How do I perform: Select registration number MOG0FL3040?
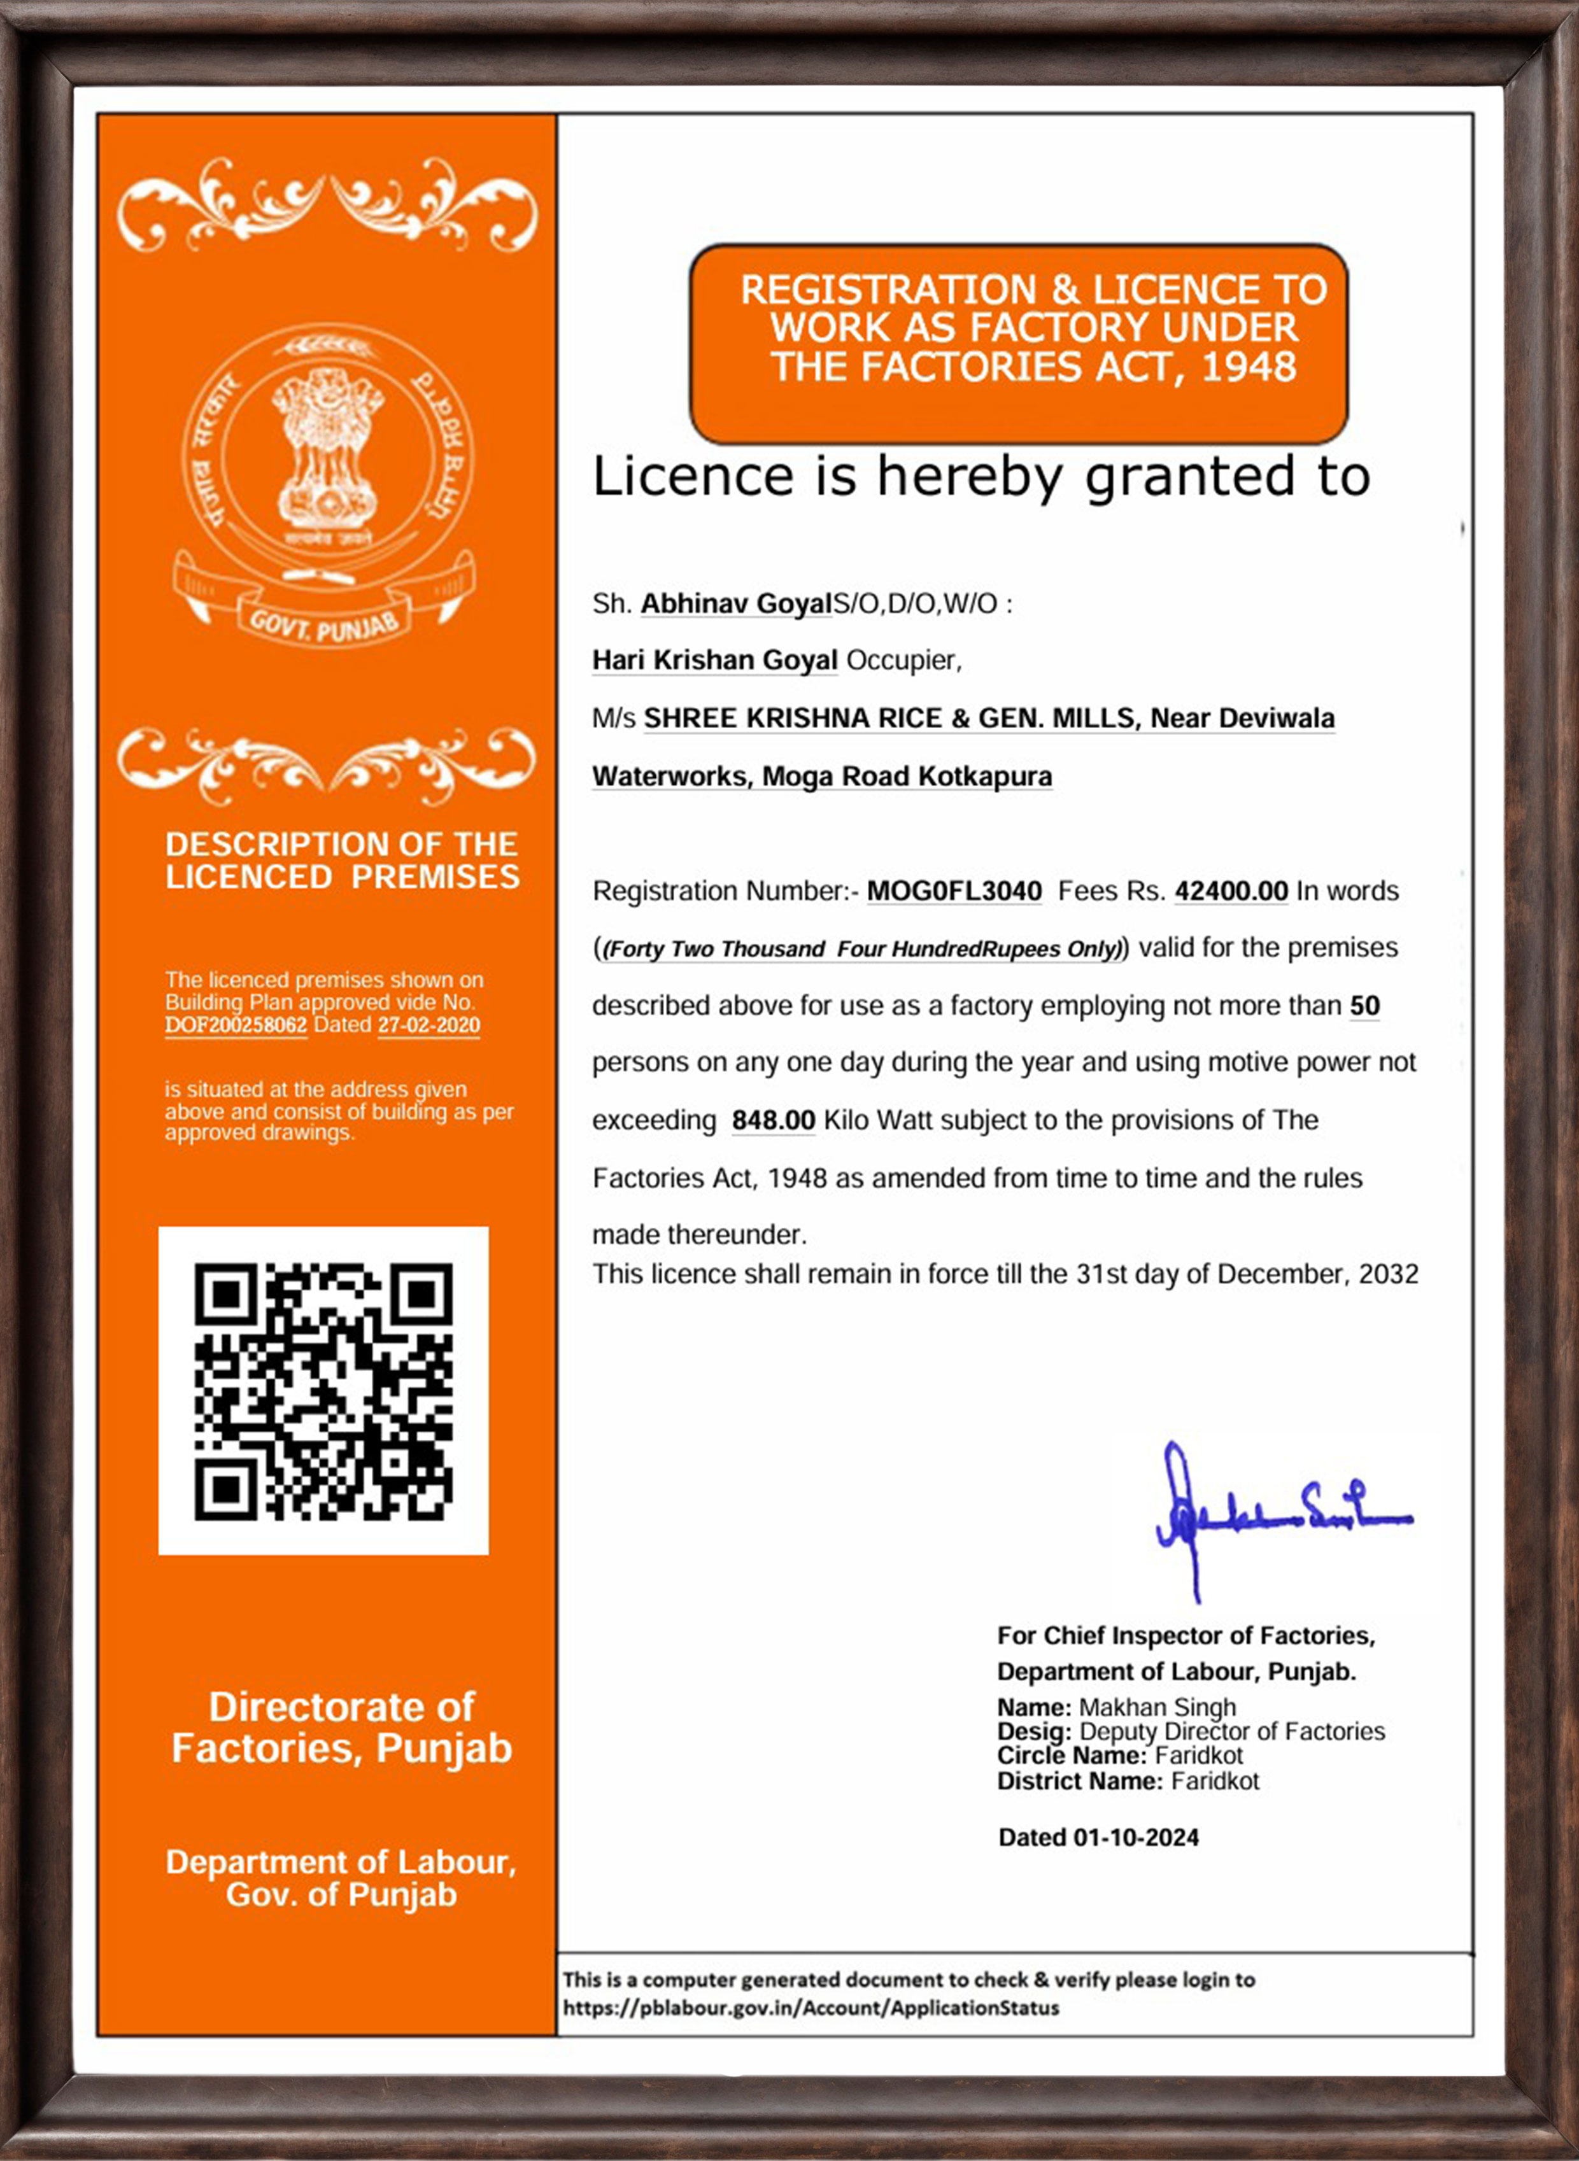pos(954,891)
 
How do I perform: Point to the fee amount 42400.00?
pos(1231,891)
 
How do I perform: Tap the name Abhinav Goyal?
pos(736,604)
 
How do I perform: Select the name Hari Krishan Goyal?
pos(714,660)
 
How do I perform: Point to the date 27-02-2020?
pos(429,1025)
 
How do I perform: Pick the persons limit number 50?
pos(1364,1006)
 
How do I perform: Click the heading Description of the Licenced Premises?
pos(342,860)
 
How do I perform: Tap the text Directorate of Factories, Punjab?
pos(342,1728)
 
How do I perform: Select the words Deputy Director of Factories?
pos(1231,1731)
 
